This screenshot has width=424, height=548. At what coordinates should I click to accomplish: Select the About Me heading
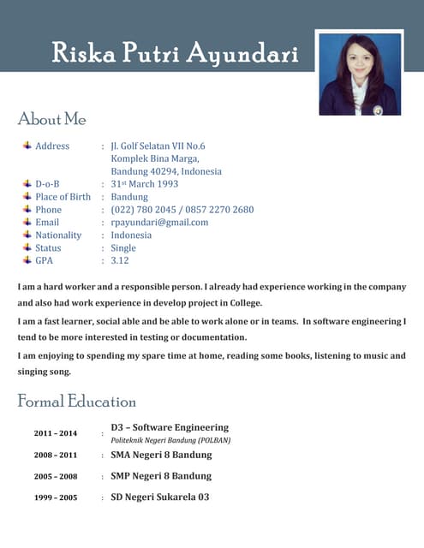pyautogui.click(x=51, y=119)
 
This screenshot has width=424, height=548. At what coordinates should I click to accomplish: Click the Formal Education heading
pyautogui.click(x=77, y=401)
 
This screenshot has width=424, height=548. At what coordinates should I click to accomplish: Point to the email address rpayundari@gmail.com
pyautogui.click(x=159, y=222)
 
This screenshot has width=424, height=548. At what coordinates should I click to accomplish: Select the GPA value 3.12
pyautogui.click(x=120, y=260)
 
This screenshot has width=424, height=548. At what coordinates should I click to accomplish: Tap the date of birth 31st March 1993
pyautogui.click(x=145, y=184)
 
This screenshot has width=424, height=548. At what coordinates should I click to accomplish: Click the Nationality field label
pyautogui.click(x=58, y=235)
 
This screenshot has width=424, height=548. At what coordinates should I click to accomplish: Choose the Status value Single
pyautogui.click(x=123, y=247)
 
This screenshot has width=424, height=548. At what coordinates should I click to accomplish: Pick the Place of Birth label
pyautogui.click(x=63, y=197)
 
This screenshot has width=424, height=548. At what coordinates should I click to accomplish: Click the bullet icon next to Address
pyautogui.click(x=27, y=146)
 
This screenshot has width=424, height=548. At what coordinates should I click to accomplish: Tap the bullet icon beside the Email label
pyautogui.click(x=27, y=222)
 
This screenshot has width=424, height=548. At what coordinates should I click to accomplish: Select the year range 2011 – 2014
pyautogui.click(x=56, y=433)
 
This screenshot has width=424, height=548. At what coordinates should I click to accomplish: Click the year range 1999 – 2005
pyautogui.click(x=56, y=497)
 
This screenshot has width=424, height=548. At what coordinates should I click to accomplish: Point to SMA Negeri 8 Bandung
pyautogui.click(x=161, y=455)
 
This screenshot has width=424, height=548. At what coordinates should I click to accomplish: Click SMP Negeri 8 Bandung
pyautogui.click(x=161, y=476)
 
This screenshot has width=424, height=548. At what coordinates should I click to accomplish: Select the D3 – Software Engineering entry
pyautogui.click(x=170, y=427)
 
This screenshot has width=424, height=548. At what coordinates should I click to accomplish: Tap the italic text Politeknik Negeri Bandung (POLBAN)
pyautogui.click(x=170, y=440)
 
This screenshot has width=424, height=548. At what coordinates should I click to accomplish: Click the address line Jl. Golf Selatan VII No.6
pyautogui.click(x=158, y=146)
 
